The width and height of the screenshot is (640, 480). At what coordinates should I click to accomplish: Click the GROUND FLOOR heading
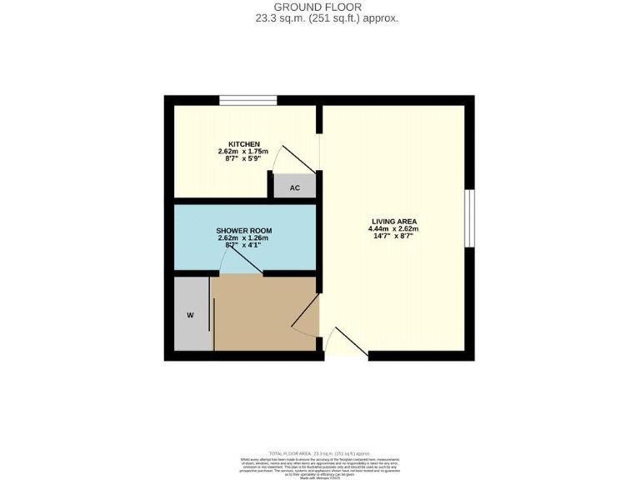pyautogui.click(x=319, y=7)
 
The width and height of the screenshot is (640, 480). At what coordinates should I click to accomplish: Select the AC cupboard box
pyautogui.click(x=294, y=187)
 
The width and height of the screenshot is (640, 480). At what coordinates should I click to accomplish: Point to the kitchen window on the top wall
pyautogui.click(x=248, y=101)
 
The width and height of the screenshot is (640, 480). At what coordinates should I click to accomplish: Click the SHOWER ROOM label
pyautogui.click(x=244, y=230)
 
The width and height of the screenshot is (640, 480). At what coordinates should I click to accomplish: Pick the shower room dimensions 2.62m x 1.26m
pyautogui.click(x=244, y=237)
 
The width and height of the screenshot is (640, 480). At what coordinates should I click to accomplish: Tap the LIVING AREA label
pyautogui.click(x=394, y=221)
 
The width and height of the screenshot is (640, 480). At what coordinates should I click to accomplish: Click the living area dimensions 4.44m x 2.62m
pyautogui.click(x=394, y=228)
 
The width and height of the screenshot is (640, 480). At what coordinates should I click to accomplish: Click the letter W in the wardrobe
pyautogui.click(x=190, y=315)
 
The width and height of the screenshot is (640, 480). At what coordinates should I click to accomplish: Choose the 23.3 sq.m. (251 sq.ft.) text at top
pyautogui.click(x=319, y=17)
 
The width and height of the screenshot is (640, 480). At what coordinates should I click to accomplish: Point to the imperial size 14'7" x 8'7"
pyautogui.click(x=394, y=236)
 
